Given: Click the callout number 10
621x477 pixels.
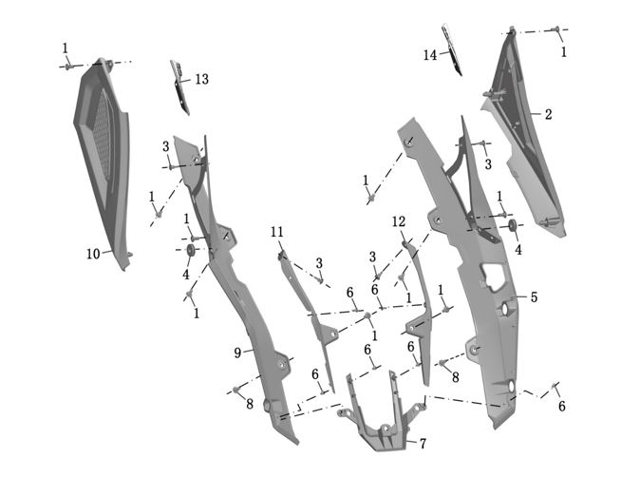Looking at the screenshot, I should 93,254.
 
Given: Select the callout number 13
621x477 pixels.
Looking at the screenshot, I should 201,80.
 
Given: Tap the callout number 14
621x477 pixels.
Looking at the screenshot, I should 430,55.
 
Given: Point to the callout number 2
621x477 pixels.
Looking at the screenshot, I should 547,113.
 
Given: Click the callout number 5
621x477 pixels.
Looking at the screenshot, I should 534,297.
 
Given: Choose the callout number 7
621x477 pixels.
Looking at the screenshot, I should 423,443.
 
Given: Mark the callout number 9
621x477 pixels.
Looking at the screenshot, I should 237,353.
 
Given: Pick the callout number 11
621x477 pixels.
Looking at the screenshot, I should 276,232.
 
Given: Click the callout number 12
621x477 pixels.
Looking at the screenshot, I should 399,221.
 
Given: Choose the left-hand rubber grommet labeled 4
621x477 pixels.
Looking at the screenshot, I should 190,250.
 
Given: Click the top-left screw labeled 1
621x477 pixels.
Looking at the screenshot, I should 68,65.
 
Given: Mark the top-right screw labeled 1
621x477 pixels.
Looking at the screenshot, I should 556,30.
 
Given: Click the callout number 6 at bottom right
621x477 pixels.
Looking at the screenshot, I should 562,407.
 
